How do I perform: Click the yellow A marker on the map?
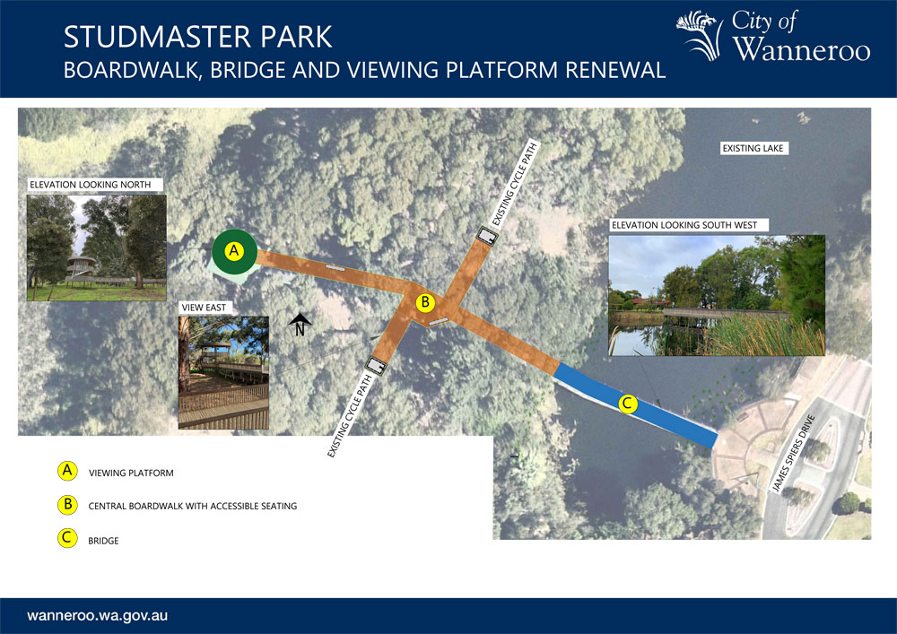pos(233,251)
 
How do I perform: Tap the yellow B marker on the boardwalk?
pos(425,302)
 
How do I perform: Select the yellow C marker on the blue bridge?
pos(628,404)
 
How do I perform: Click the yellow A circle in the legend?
pos(67,471)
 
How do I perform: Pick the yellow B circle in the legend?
pos(67,504)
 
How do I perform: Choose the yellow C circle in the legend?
pos(67,538)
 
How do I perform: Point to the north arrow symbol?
pos(300,325)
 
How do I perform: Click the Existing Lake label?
pos(753,149)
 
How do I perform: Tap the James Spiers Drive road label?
pos(793,454)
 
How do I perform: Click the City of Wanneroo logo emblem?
pos(697,35)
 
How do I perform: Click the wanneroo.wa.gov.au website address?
pos(97,616)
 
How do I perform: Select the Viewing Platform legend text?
pos(131,473)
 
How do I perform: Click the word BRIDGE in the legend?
pos(103,541)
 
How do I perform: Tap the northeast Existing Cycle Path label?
pos(515,184)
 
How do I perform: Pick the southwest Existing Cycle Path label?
pos(350,415)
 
